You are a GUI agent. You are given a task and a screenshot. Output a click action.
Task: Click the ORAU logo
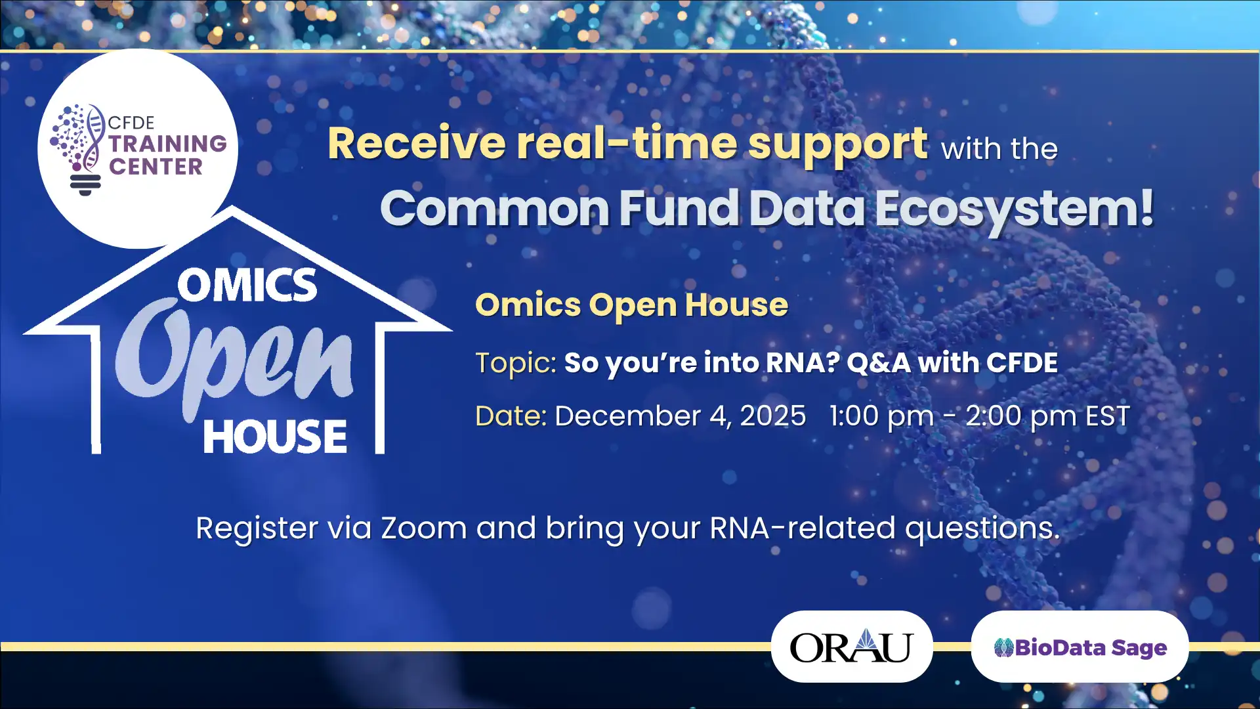851,647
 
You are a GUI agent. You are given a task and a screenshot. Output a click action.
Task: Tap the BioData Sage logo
1080,647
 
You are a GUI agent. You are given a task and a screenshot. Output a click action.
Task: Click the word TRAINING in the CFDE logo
167,144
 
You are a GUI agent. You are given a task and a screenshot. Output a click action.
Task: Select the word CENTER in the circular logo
156,167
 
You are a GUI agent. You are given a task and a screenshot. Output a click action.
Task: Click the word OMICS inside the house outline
247,286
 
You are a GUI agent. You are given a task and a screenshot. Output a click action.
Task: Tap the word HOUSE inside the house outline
275,437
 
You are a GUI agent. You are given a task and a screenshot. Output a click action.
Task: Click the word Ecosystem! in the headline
1014,209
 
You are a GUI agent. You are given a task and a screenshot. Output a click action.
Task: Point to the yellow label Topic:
516,363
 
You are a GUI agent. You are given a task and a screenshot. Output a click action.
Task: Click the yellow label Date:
511,416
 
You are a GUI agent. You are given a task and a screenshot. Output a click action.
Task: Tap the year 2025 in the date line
772,416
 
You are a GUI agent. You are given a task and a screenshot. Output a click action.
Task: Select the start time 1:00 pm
881,416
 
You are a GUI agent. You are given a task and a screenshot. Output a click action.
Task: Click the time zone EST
1108,416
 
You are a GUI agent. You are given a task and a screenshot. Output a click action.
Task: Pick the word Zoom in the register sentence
423,528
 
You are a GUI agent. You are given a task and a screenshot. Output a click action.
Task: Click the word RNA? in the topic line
802,363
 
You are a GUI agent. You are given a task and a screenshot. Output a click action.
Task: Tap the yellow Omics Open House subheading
631,305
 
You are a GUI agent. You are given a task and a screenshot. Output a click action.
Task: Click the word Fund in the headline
679,209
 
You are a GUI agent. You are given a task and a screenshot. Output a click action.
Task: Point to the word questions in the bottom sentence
982,529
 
